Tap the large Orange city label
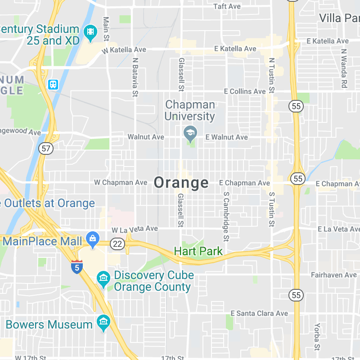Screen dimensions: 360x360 pyautogui.click(x=181, y=182)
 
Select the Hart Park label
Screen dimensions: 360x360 pyautogui.click(x=198, y=251)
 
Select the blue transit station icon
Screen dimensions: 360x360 pyautogui.click(x=53, y=84)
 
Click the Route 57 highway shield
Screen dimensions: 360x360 pyautogui.click(x=45, y=148)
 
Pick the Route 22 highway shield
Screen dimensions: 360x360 pyautogui.click(x=117, y=243)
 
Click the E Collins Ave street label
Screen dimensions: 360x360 pyautogui.click(x=245, y=91)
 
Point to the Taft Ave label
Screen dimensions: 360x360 pyautogui.click(x=227, y=6)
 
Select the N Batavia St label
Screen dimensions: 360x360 pyautogui.click(x=135, y=77)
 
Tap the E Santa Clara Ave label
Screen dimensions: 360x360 pyautogui.click(x=259, y=313)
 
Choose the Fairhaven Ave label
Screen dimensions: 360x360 pyautogui.click(x=334, y=274)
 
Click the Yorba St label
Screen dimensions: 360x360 pyautogui.click(x=317, y=337)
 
